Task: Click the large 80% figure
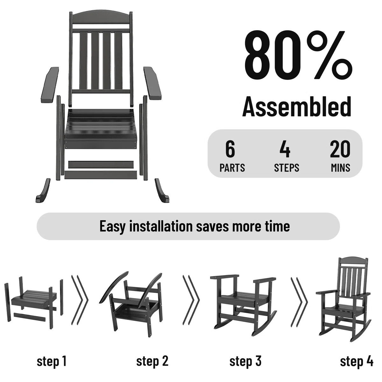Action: point(298,58)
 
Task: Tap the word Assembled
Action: point(297,106)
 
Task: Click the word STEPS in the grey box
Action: point(286,168)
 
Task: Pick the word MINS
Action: point(340,168)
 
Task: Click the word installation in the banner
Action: point(161,226)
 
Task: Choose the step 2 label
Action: point(152,361)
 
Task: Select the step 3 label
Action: point(245,361)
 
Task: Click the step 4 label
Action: point(357,361)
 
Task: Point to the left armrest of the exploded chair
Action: point(50,85)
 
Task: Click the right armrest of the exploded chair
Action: point(152,83)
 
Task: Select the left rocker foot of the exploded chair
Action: point(43,191)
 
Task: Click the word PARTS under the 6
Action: point(232,168)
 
